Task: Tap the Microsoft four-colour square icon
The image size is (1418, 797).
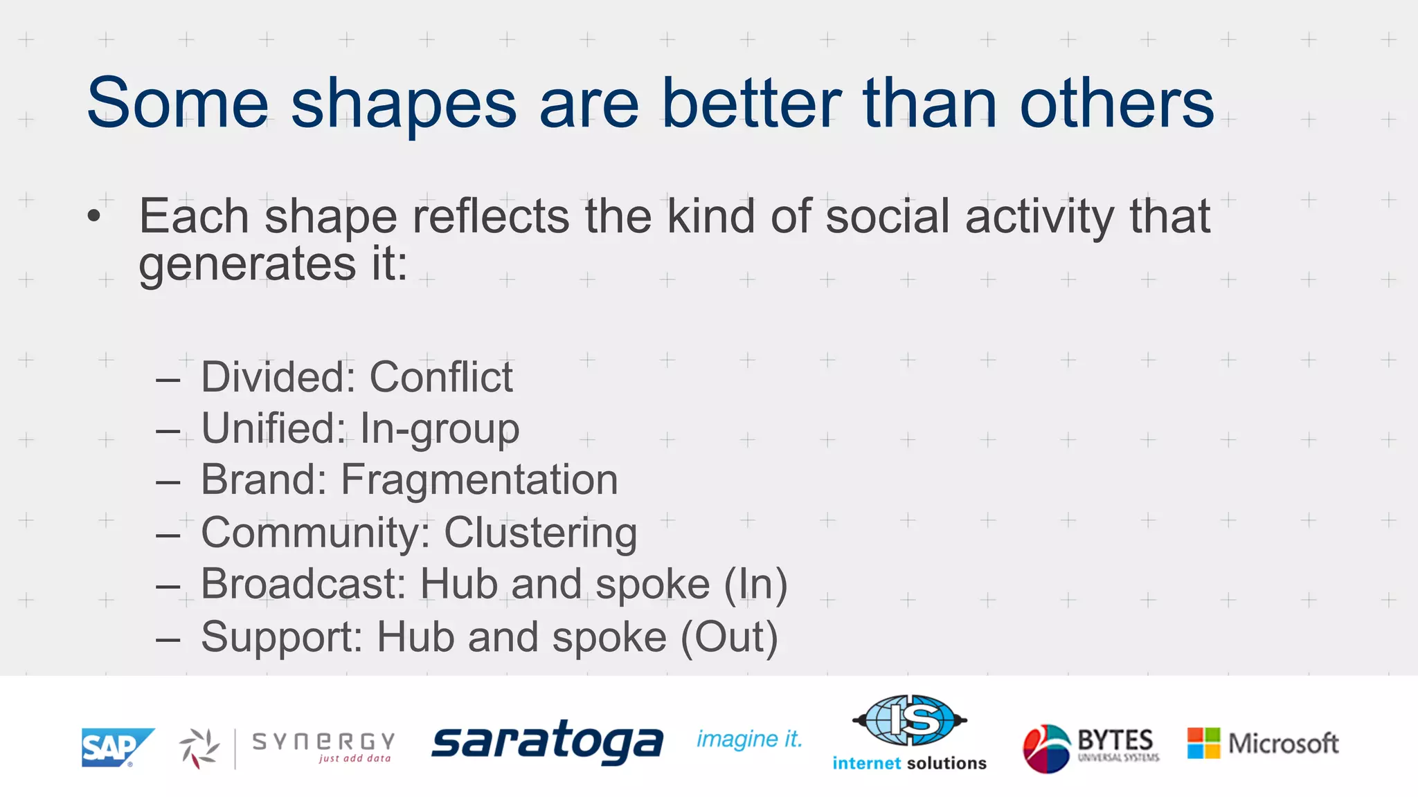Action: (x=1203, y=743)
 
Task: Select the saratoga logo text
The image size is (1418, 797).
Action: (x=547, y=742)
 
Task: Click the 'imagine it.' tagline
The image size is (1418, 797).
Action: (x=749, y=739)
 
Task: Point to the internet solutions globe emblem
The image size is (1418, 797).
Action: (x=909, y=720)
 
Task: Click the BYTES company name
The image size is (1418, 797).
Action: (x=1115, y=740)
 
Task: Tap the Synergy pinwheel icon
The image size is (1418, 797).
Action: (x=199, y=748)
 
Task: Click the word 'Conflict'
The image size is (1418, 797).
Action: (x=441, y=378)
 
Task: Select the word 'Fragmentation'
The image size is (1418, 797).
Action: (x=479, y=479)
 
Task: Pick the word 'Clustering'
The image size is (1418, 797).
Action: (x=540, y=533)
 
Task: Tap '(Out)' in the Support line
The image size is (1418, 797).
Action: (x=729, y=636)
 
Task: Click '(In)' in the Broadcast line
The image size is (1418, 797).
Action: (x=755, y=584)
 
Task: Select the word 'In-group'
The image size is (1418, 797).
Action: (x=440, y=429)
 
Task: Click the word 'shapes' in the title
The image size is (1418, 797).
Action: (x=403, y=104)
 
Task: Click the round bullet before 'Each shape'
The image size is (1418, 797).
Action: (x=94, y=217)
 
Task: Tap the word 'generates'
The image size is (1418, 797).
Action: (x=247, y=264)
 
